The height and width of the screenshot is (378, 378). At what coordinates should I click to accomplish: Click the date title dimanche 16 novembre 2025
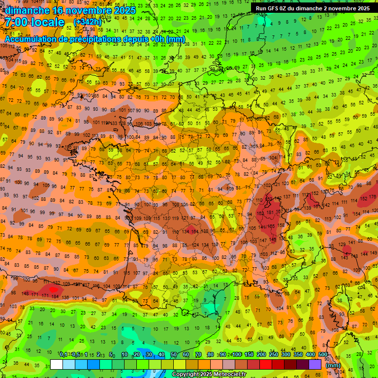66,10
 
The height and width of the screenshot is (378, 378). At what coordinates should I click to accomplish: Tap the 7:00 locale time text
34,23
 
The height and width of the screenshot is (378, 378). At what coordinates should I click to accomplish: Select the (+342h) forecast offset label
87,22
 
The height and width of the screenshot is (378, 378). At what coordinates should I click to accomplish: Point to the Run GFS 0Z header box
313,8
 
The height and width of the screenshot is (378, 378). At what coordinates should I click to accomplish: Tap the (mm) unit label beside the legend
333,365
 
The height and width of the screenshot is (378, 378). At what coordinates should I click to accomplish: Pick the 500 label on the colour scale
323,354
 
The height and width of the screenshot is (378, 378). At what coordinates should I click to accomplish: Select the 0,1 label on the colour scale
63,354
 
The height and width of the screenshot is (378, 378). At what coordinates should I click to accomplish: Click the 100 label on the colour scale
236,354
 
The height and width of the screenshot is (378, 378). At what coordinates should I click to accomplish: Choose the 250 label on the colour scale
273,354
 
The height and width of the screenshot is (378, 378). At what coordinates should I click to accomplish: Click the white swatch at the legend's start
57,364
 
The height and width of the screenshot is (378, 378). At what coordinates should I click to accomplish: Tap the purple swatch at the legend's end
315,364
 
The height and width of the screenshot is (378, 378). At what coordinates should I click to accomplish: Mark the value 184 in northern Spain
55,296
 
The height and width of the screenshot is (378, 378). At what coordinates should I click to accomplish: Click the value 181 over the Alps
270,213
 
